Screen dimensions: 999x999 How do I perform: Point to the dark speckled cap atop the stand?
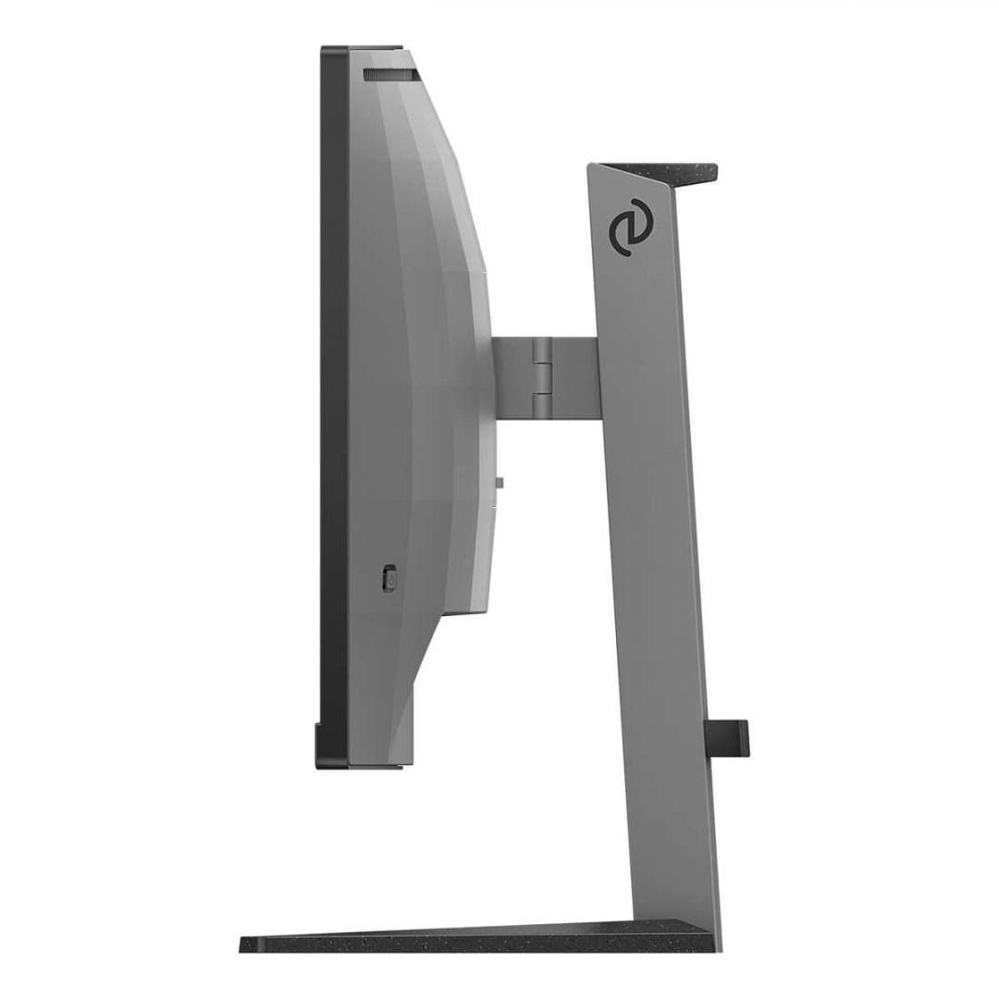(666, 170)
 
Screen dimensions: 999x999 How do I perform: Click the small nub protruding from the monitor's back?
(499, 482)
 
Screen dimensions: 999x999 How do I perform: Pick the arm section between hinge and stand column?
(578, 376)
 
